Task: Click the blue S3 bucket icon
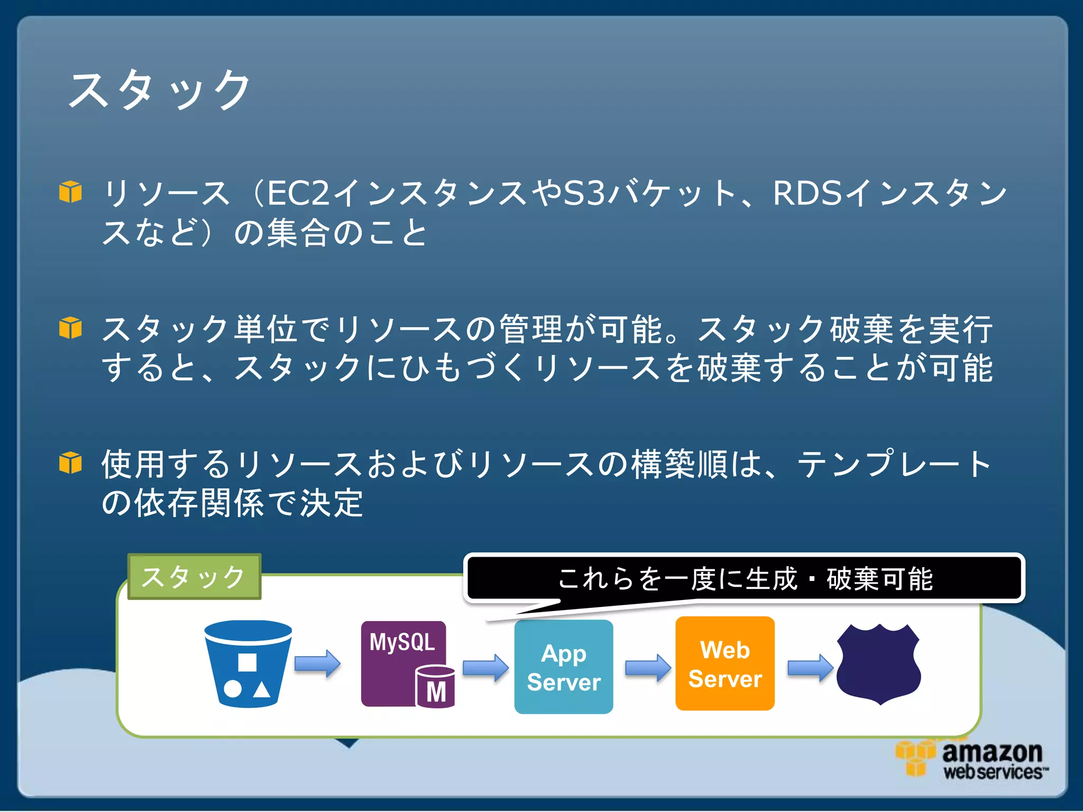click(x=247, y=663)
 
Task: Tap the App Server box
click(x=564, y=667)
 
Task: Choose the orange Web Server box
click(x=725, y=664)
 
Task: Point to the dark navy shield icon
click(x=879, y=663)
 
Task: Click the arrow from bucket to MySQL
click(x=317, y=663)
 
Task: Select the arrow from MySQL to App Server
click(x=485, y=668)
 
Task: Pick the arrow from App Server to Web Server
click(x=648, y=668)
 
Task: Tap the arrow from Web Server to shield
click(x=810, y=668)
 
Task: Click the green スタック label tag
click(x=194, y=577)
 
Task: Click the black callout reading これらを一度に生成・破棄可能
click(x=745, y=578)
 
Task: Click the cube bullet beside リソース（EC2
click(x=70, y=191)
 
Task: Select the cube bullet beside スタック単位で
click(x=70, y=328)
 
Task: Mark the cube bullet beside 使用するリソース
click(x=70, y=463)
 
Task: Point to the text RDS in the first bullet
click(x=806, y=193)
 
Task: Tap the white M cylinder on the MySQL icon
click(x=436, y=687)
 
